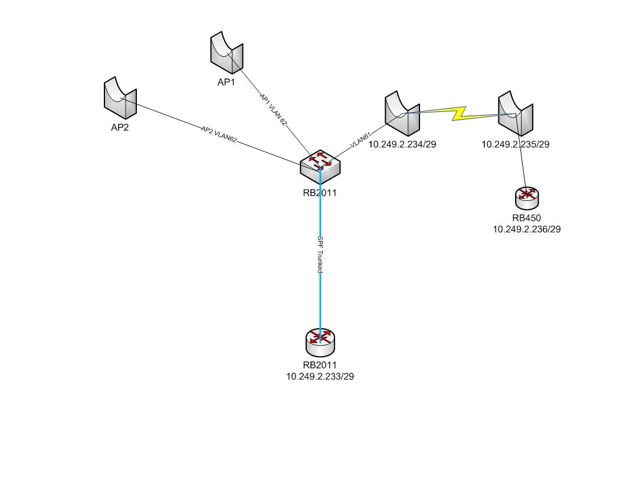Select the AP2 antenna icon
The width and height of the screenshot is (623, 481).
pos(120,96)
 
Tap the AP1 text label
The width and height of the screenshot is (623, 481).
pos(226,83)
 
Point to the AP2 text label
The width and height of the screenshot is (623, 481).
pos(120,127)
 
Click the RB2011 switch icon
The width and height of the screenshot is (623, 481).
pos(320,166)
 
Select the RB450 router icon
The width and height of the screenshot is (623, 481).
pos(527,198)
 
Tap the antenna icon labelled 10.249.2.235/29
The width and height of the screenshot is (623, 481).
pos(515,113)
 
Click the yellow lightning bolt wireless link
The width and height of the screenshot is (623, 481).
pos(459,112)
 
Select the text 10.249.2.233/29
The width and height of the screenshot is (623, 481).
pos(320,375)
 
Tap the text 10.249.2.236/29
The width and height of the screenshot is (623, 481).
pos(527,229)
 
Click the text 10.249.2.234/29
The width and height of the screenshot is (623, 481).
pos(402,143)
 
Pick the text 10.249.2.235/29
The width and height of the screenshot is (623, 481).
pos(516,143)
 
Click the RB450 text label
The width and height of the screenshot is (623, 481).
pos(527,218)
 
